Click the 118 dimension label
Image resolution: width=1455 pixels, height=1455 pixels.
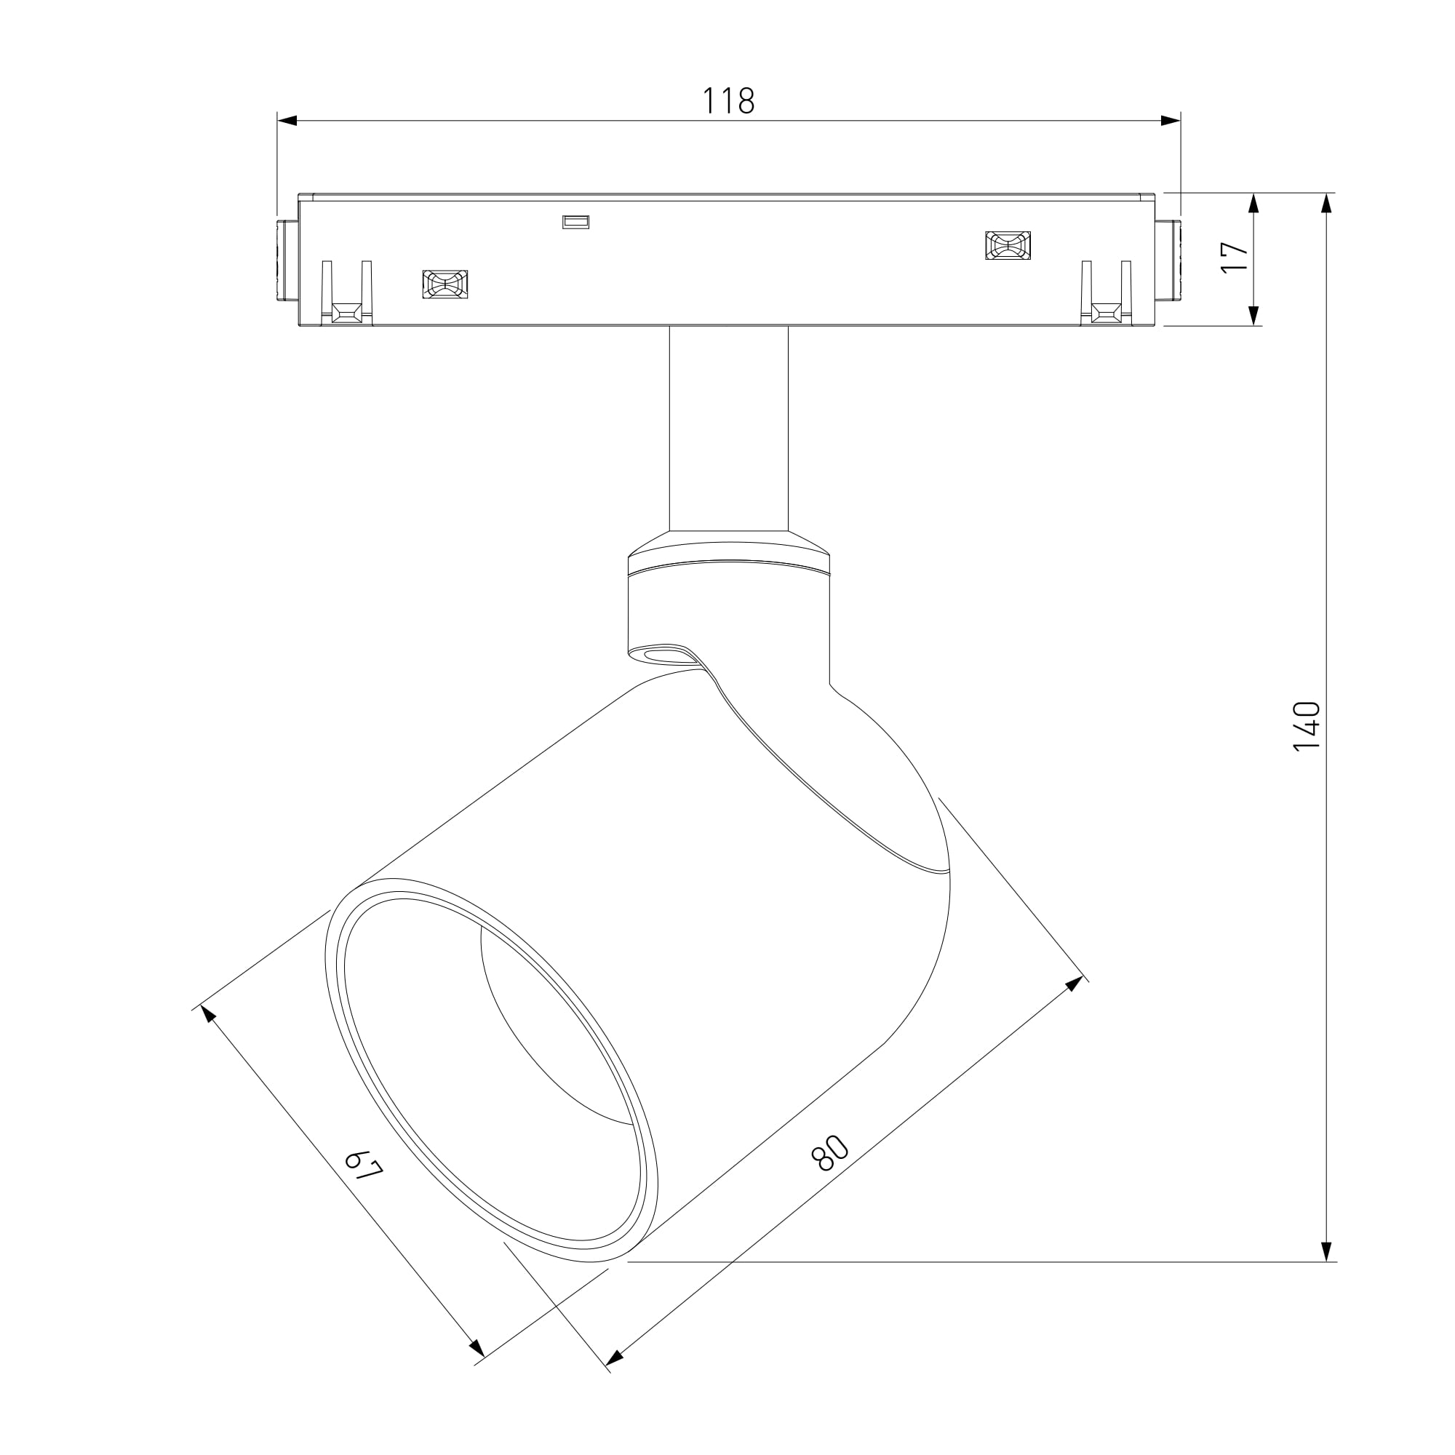[728, 101]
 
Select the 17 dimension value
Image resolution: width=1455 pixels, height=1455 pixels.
[1235, 258]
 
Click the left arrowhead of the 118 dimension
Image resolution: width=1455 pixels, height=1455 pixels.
[287, 121]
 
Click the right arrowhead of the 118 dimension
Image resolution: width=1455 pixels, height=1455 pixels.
[1171, 121]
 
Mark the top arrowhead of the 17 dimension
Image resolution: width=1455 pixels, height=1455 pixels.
[1254, 204]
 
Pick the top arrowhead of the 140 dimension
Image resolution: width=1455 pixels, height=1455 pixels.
[1327, 204]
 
